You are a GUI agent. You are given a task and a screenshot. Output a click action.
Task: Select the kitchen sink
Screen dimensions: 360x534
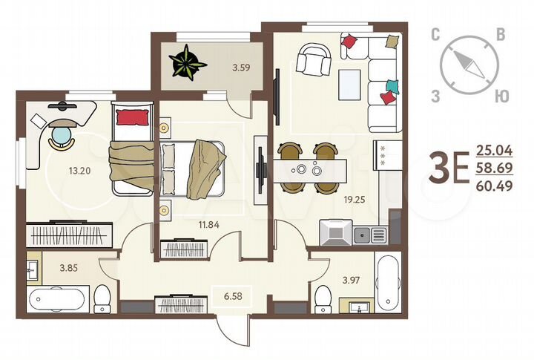[x=369, y=235]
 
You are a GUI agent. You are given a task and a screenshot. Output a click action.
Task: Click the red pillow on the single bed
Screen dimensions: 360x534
[x=132, y=117]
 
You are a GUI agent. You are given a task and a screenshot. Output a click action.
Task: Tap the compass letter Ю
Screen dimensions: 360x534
[x=501, y=96]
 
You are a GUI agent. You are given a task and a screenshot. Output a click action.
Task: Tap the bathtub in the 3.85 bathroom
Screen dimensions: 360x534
[x=58, y=301]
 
